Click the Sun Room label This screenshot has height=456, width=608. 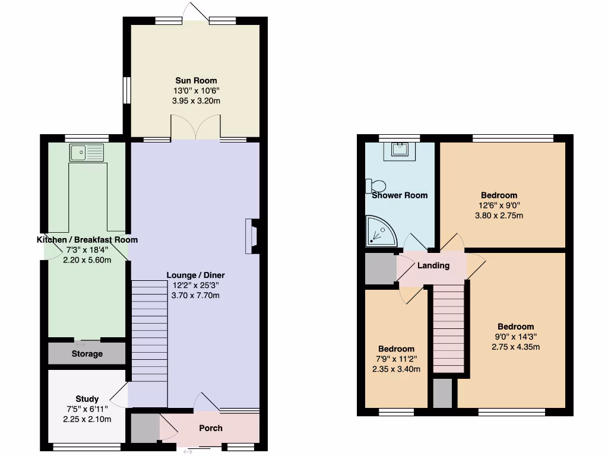[196, 81]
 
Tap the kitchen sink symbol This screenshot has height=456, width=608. [86, 153]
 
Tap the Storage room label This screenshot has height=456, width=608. [87, 354]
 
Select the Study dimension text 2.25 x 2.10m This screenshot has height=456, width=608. [87, 420]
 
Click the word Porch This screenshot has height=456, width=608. [211, 428]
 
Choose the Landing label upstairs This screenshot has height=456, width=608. [433, 265]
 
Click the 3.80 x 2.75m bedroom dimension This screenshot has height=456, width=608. [499, 216]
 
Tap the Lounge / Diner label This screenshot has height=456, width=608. [195, 275]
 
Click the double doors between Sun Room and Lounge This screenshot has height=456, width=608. [195, 128]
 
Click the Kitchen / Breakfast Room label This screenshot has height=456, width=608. [87, 240]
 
